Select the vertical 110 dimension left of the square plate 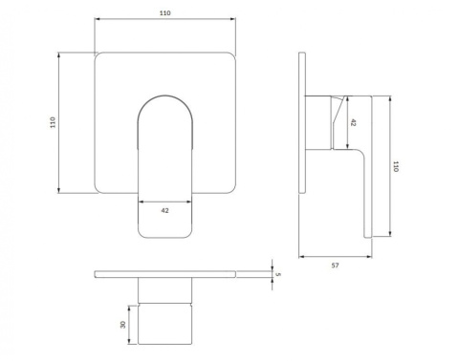click(x=53, y=123)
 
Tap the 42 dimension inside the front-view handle click(x=166, y=211)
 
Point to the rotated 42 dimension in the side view click(x=354, y=122)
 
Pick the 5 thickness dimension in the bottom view click(x=277, y=275)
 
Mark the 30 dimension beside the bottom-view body click(x=123, y=326)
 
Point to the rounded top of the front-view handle click(x=166, y=99)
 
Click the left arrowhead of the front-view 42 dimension click(x=141, y=202)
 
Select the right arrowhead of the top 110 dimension click(x=234, y=25)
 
